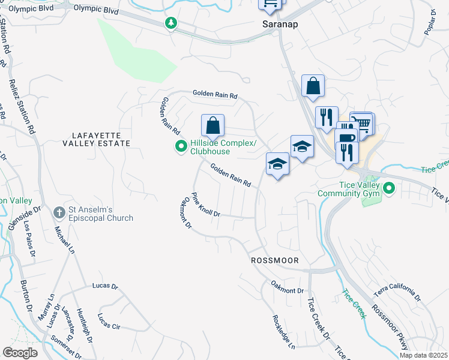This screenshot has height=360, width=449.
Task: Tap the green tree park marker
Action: (172, 23)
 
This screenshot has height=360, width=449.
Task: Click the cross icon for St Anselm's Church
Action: (59, 212)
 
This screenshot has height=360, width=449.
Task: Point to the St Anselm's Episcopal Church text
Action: (100, 214)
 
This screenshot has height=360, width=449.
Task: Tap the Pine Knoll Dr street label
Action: (206, 205)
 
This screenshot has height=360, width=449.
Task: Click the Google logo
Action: (20, 353)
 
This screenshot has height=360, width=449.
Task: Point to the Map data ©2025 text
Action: (423, 355)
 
